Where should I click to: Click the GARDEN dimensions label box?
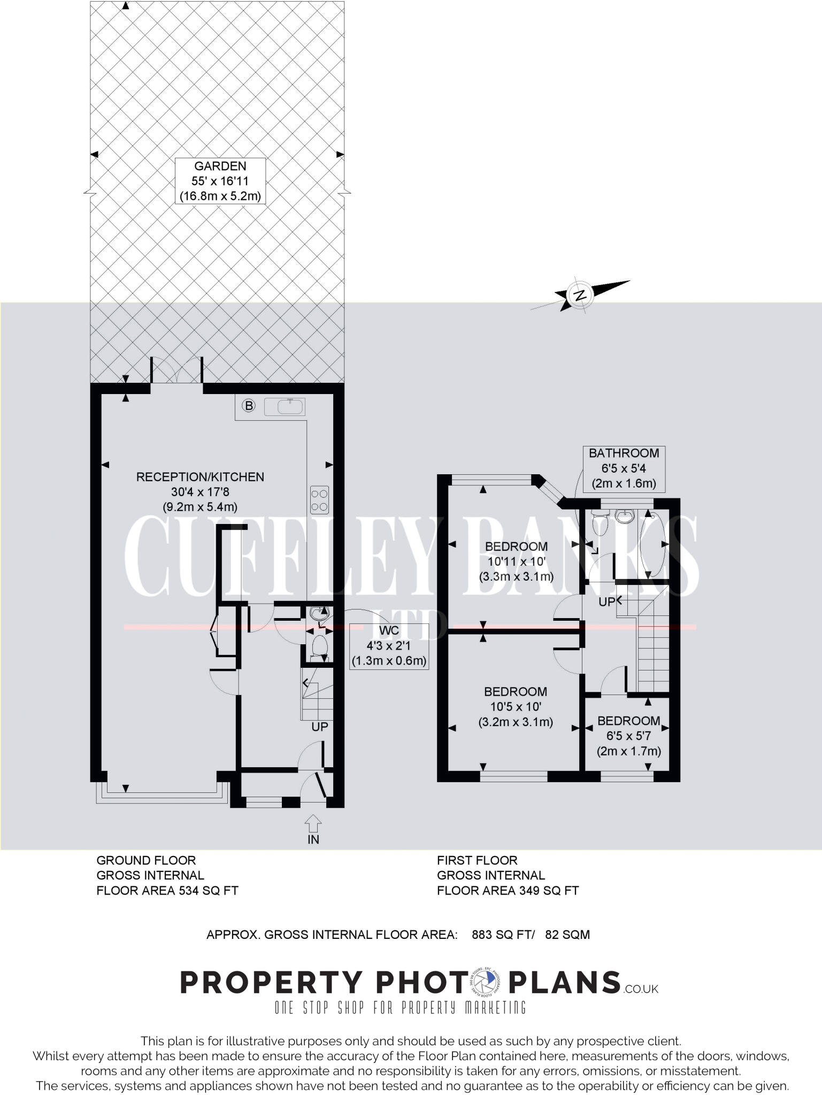(220, 181)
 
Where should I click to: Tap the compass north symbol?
(580, 295)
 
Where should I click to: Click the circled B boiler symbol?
(249, 406)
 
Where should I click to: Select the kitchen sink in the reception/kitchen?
(291, 407)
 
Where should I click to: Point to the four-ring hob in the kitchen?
(319, 499)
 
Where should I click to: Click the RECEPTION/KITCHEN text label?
(200, 477)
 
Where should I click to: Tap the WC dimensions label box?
(389, 646)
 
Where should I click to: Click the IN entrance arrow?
(313, 829)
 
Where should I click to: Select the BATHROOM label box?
(624, 468)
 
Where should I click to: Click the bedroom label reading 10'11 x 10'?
(516, 561)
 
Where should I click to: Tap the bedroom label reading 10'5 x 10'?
(516, 706)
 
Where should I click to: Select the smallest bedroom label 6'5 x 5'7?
(628, 736)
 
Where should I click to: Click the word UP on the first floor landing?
(606, 602)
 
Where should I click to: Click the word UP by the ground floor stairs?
(320, 727)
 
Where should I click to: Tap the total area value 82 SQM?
(567, 935)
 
